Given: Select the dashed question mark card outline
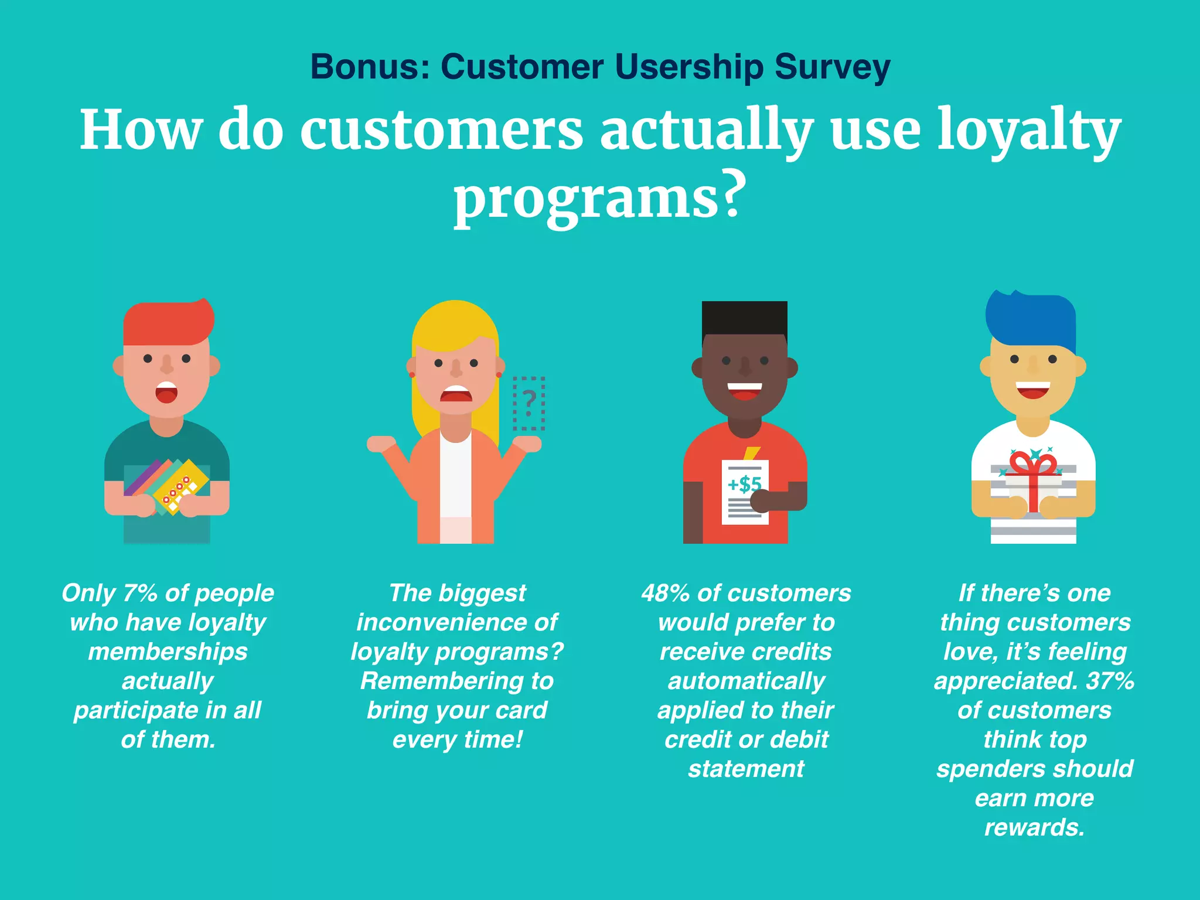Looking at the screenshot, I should pyautogui.click(x=529, y=403).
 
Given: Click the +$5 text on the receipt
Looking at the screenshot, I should pyautogui.click(x=744, y=484).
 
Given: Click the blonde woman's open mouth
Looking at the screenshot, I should pyautogui.click(x=456, y=394).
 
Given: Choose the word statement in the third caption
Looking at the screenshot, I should pyautogui.click(x=746, y=769).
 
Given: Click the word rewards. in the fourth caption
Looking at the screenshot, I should pyautogui.click(x=1034, y=827).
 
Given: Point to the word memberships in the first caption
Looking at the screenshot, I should pyautogui.click(x=168, y=652).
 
